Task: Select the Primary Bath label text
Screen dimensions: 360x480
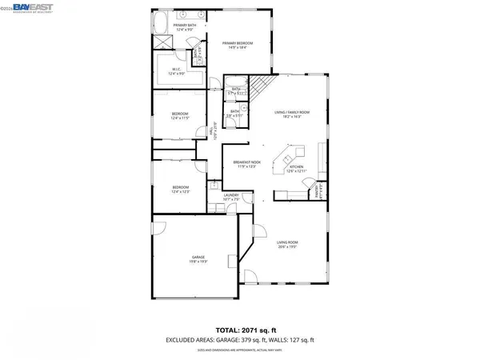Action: (179, 26)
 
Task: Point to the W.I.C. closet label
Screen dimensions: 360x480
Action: (178, 71)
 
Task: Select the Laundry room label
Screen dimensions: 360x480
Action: (231, 197)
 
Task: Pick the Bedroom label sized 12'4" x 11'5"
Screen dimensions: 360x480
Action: (179, 116)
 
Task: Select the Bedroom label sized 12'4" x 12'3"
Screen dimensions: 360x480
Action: (179, 190)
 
